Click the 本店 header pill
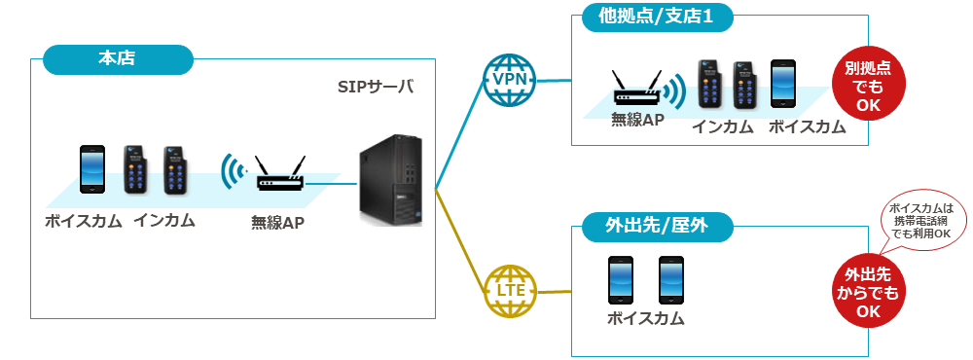118,59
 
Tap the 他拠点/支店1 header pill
657,17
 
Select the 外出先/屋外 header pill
657,227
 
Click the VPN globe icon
509,80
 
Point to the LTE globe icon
509,291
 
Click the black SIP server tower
390,179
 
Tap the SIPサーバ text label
375,87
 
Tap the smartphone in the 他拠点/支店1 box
783,84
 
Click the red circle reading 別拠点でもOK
868,87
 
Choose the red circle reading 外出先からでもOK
868,292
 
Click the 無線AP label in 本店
277,222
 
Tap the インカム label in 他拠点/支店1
723,127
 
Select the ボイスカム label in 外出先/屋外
646,319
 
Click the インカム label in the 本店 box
163,221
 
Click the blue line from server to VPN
460,134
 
